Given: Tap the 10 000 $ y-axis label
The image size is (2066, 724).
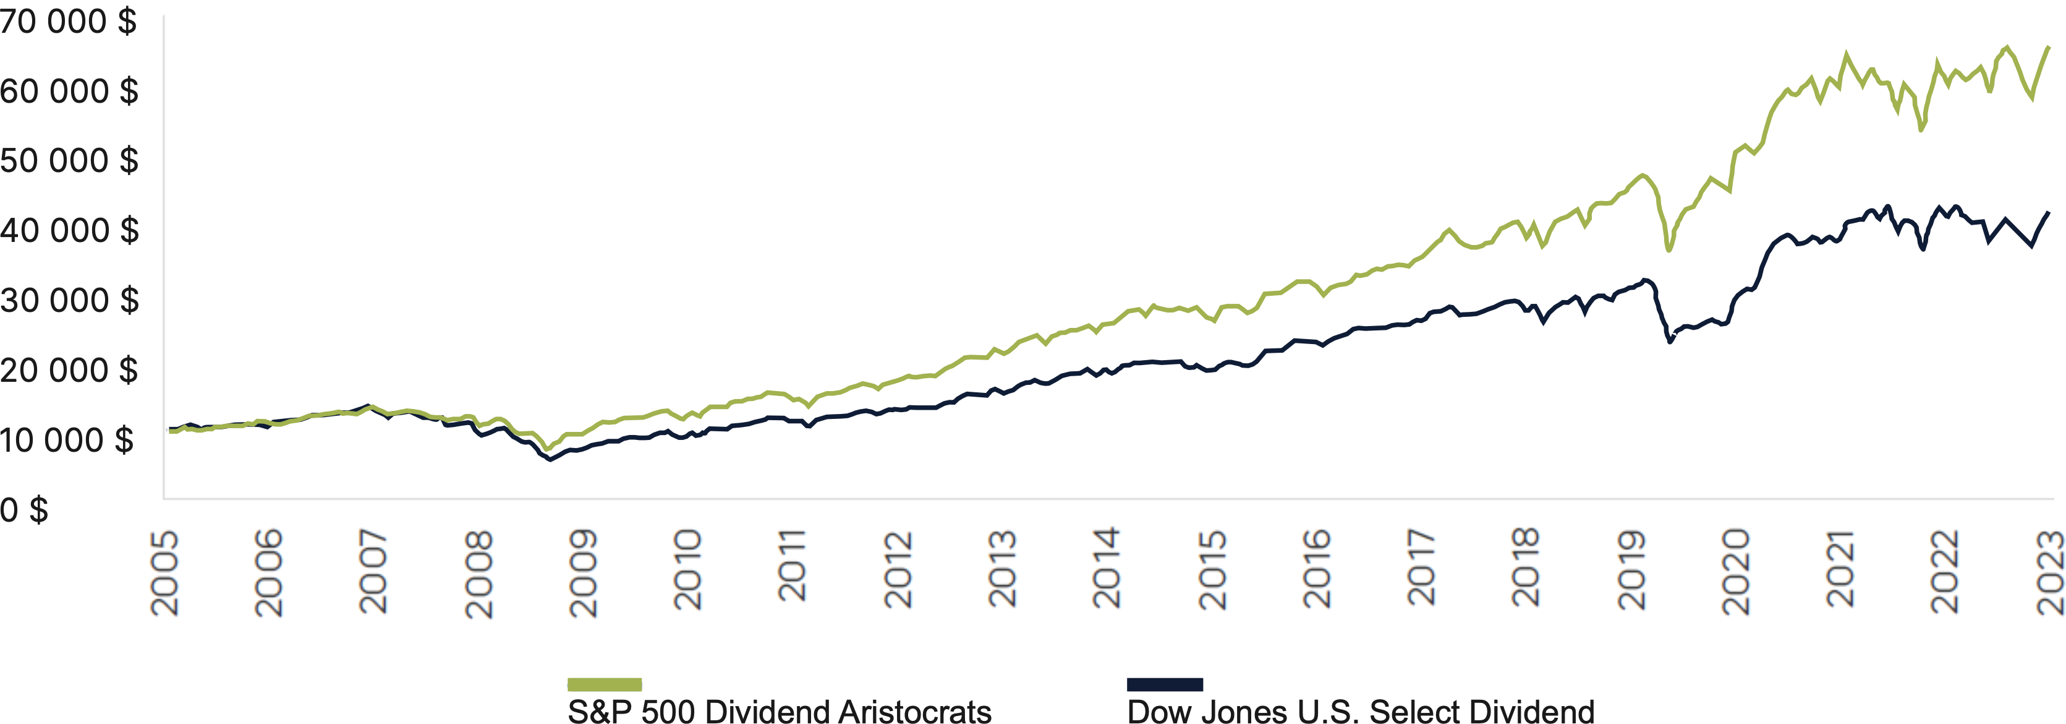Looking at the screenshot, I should click(x=67, y=441).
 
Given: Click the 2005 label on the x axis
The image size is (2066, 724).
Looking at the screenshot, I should click(x=165, y=572).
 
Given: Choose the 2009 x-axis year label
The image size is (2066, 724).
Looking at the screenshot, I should click(x=583, y=572).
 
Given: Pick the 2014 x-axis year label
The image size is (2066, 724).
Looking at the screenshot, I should click(x=1107, y=568).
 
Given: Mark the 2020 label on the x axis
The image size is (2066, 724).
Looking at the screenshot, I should click(x=1735, y=572).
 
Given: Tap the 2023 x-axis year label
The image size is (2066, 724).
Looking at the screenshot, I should click(x=2050, y=572).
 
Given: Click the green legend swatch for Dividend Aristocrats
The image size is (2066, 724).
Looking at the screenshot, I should click(x=604, y=684).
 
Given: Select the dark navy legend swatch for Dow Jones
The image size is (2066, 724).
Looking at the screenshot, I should click(x=1165, y=684).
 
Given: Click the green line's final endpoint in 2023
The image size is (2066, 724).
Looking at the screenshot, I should click(x=2048, y=48).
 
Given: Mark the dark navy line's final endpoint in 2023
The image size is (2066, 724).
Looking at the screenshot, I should click(x=2048, y=213).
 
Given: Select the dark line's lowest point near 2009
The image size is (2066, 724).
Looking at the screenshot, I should click(x=550, y=459).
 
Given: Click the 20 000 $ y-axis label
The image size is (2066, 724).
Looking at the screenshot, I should click(x=69, y=371).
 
